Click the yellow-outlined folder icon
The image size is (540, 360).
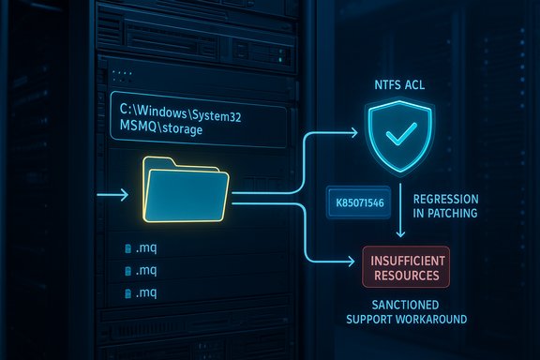tap(186, 190)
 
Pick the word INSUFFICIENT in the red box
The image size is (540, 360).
tap(405, 257)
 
